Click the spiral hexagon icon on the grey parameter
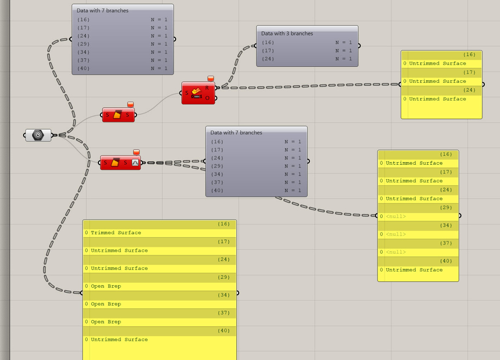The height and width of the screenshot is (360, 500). click(x=38, y=135)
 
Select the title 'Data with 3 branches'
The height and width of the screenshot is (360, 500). click(x=287, y=34)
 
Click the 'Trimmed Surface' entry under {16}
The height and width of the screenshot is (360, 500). click(x=116, y=233)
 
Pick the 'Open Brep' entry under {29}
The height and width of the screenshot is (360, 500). click(x=106, y=286)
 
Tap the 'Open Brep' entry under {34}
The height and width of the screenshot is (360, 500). click(x=106, y=304)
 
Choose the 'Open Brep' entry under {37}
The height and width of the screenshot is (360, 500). click(x=106, y=322)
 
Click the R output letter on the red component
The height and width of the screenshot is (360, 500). click(x=207, y=88)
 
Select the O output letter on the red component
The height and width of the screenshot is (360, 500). click(x=207, y=98)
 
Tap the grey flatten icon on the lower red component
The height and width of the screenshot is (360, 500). click(x=135, y=163)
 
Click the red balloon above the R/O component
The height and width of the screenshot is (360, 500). click(x=211, y=79)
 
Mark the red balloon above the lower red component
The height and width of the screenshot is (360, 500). click(x=136, y=152)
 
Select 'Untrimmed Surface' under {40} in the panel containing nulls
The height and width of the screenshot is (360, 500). click(x=414, y=270)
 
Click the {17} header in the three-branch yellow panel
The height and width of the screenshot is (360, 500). click(x=469, y=73)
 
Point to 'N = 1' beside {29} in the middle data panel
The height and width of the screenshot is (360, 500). click(x=293, y=166)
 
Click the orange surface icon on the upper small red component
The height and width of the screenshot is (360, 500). click(x=117, y=115)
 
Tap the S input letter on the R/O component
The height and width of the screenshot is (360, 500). click(x=187, y=93)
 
